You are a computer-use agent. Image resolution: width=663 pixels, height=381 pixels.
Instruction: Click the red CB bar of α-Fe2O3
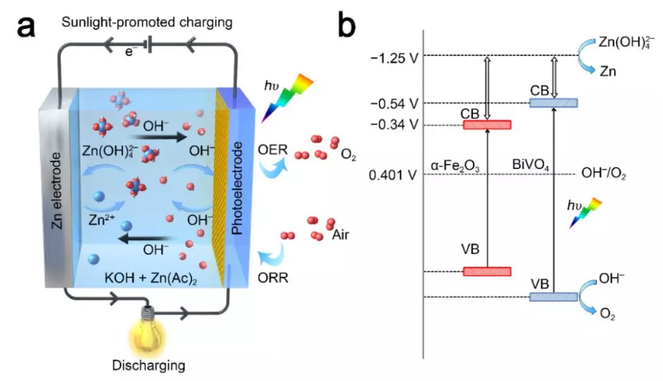(487, 124)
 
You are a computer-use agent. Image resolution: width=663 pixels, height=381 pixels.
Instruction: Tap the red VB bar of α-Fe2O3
(487, 271)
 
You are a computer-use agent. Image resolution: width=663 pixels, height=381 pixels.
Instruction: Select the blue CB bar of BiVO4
(553, 103)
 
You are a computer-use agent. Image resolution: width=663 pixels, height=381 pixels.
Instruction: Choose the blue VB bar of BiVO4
(553, 297)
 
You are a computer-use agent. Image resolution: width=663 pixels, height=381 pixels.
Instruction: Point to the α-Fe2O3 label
(457, 165)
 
